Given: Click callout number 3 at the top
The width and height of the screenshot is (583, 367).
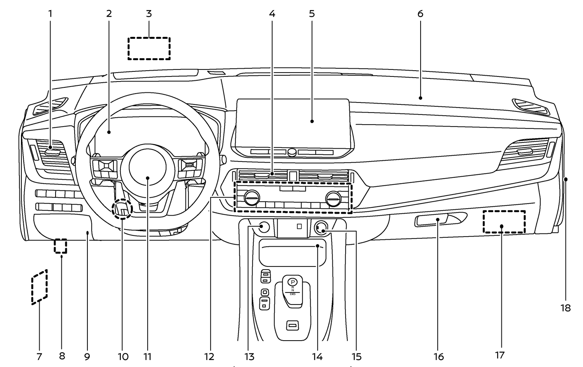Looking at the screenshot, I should (x=148, y=14).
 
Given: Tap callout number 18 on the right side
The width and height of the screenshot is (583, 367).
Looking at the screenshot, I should (x=566, y=308).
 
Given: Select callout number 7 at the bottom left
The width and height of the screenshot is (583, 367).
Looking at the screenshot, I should (x=39, y=356).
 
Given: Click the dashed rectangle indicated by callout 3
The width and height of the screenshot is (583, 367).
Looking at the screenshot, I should (x=149, y=49).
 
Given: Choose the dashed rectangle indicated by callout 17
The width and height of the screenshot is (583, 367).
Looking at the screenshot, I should (x=504, y=222).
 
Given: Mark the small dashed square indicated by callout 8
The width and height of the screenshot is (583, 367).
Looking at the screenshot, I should (x=60, y=246).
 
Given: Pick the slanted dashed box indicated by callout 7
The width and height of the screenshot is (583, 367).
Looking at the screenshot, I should (x=40, y=287).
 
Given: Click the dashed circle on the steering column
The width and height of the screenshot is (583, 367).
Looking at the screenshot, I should (x=122, y=209).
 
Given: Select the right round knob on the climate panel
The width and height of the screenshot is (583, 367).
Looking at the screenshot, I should (x=333, y=198).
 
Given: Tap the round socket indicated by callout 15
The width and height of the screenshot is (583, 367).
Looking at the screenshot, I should (x=321, y=227).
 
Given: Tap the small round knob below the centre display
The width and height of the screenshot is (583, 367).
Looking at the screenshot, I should (x=292, y=152).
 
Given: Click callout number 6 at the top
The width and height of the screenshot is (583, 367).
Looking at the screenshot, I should (x=420, y=14).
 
